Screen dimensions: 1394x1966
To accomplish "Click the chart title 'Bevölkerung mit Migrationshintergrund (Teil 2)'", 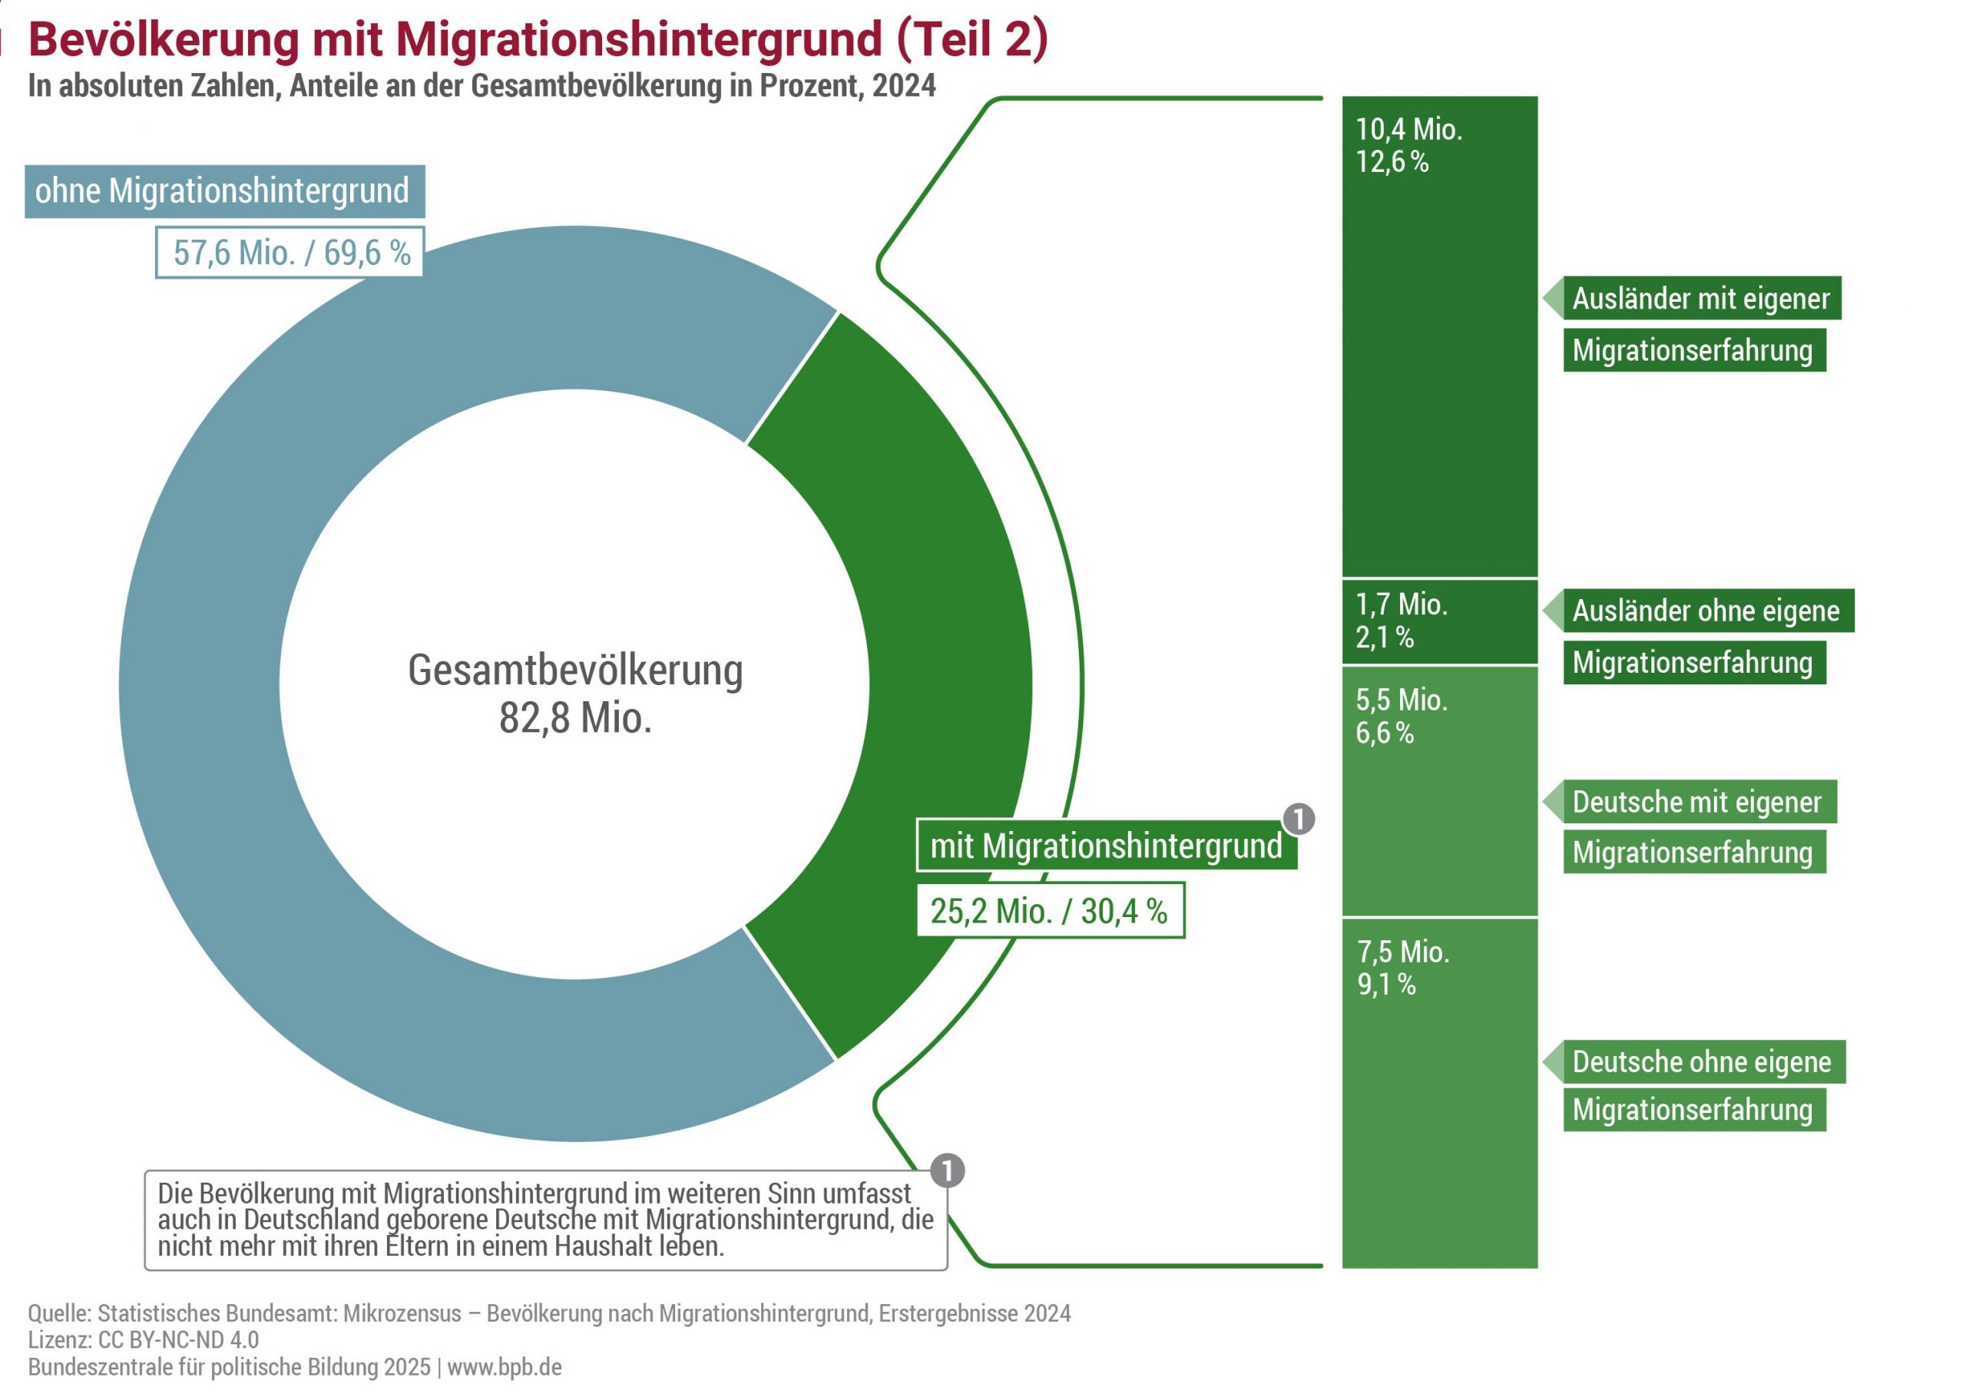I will click(x=538, y=39).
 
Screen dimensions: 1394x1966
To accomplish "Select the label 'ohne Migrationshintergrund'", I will click(x=224, y=190).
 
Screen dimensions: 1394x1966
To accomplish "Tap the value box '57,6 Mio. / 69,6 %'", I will click(x=290, y=253).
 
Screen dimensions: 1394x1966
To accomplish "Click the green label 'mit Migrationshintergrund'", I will click(x=1105, y=846).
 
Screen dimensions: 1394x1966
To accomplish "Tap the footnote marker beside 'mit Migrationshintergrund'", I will click(x=1299, y=819).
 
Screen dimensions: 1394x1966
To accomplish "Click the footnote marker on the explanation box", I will click(x=948, y=1170).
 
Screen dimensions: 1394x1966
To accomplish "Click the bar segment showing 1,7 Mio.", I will click(x=1439, y=621).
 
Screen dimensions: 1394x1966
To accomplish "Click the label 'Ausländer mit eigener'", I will click(x=1701, y=299).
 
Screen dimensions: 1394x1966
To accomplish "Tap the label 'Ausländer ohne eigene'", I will click(x=1706, y=611).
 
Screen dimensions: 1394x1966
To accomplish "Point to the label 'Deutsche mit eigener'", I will click(x=1696, y=802).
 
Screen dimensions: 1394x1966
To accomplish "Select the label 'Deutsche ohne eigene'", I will click(x=1702, y=1061).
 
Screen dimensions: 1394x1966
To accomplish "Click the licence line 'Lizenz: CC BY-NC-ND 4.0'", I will click(x=144, y=1340).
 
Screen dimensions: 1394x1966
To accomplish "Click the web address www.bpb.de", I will click(x=505, y=1367).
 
